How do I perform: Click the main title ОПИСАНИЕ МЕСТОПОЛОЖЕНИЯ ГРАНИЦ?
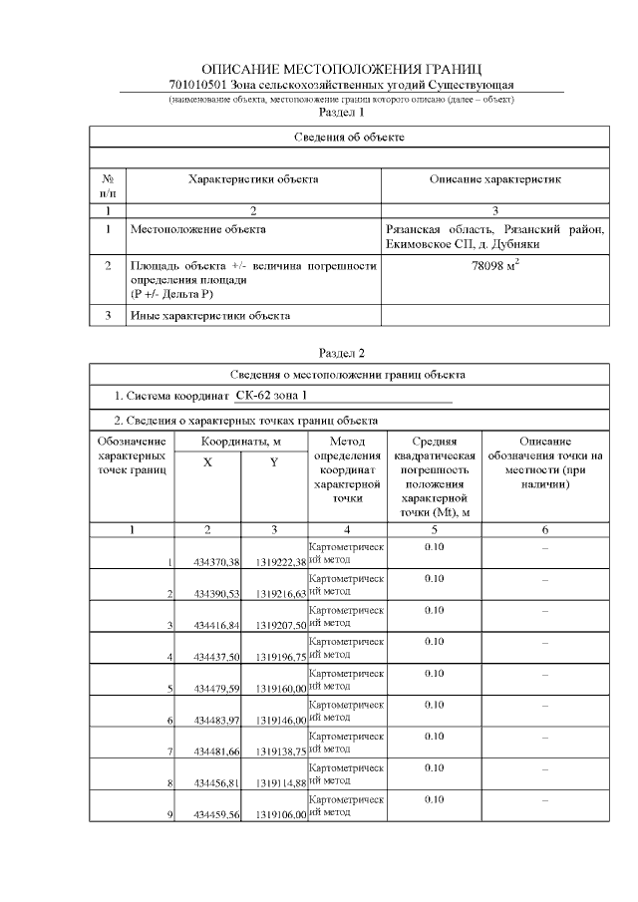341,69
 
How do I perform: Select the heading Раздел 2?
341,353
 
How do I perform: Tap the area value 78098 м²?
494,267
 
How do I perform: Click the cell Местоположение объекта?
198,229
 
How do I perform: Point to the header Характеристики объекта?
253,179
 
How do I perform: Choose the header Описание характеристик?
495,179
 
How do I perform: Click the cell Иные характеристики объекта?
210,316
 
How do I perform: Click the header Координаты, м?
240,441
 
